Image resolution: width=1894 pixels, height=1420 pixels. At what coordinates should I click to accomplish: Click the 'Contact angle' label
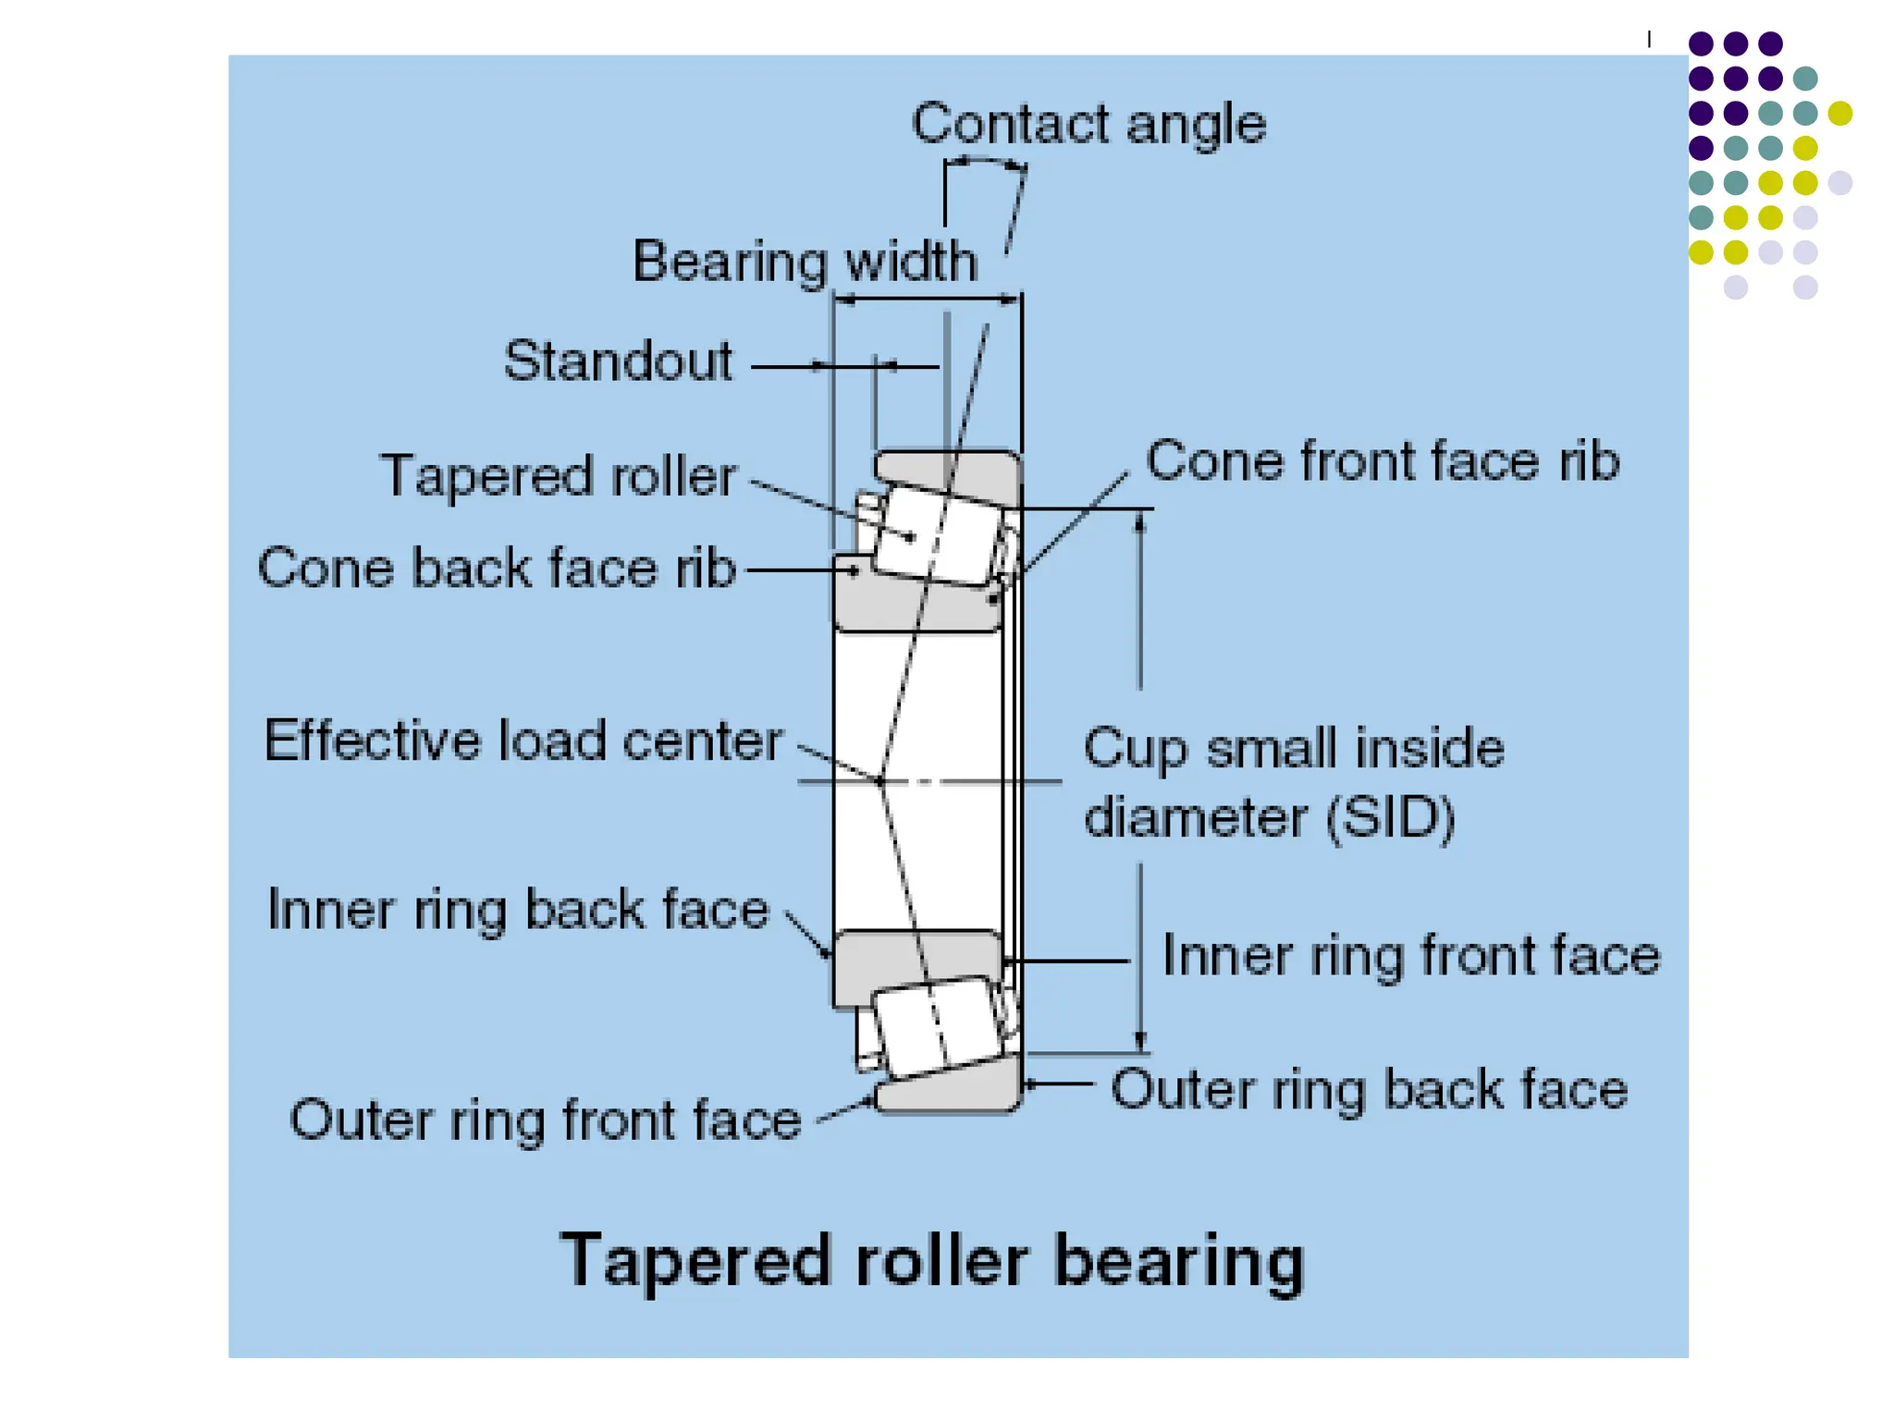pyautogui.click(x=1088, y=124)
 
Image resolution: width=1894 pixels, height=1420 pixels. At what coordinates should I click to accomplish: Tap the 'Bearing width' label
pyautogui.click(x=805, y=261)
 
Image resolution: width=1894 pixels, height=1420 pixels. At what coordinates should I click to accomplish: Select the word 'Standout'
pyautogui.click(x=618, y=361)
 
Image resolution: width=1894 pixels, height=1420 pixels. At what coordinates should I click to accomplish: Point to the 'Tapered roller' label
pyautogui.click(x=559, y=476)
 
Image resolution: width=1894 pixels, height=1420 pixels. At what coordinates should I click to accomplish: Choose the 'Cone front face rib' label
pyautogui.click(x=1383, y=460)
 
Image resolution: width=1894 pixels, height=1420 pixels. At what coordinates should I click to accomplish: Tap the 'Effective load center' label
pyautogui.click(x=523, y=741)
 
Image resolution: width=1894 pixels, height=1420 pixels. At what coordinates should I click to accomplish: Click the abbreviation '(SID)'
pyautogui.click(x=1390, y=817)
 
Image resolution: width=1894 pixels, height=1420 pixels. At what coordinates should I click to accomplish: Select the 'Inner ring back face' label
pyautogui.click(x=518, y=910)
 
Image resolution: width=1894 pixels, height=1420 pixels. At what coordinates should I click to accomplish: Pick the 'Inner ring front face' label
pyautogui.click(x=1411, y=955)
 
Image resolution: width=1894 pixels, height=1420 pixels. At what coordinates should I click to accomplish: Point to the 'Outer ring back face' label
pyautogui.click(x=1369, y=1089)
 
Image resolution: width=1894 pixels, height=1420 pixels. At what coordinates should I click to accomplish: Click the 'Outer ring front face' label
pyautogui.click(x=546, y=1120)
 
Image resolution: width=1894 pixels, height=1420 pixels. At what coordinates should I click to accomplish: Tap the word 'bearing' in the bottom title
pyautogui.click(x=1179, y=1261)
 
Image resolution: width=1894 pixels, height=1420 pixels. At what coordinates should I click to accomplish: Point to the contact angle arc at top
pyautogui.click(x=986, y=162)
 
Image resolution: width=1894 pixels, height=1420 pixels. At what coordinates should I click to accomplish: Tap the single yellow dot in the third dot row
pyautogui.click(x=1839, y=113)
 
